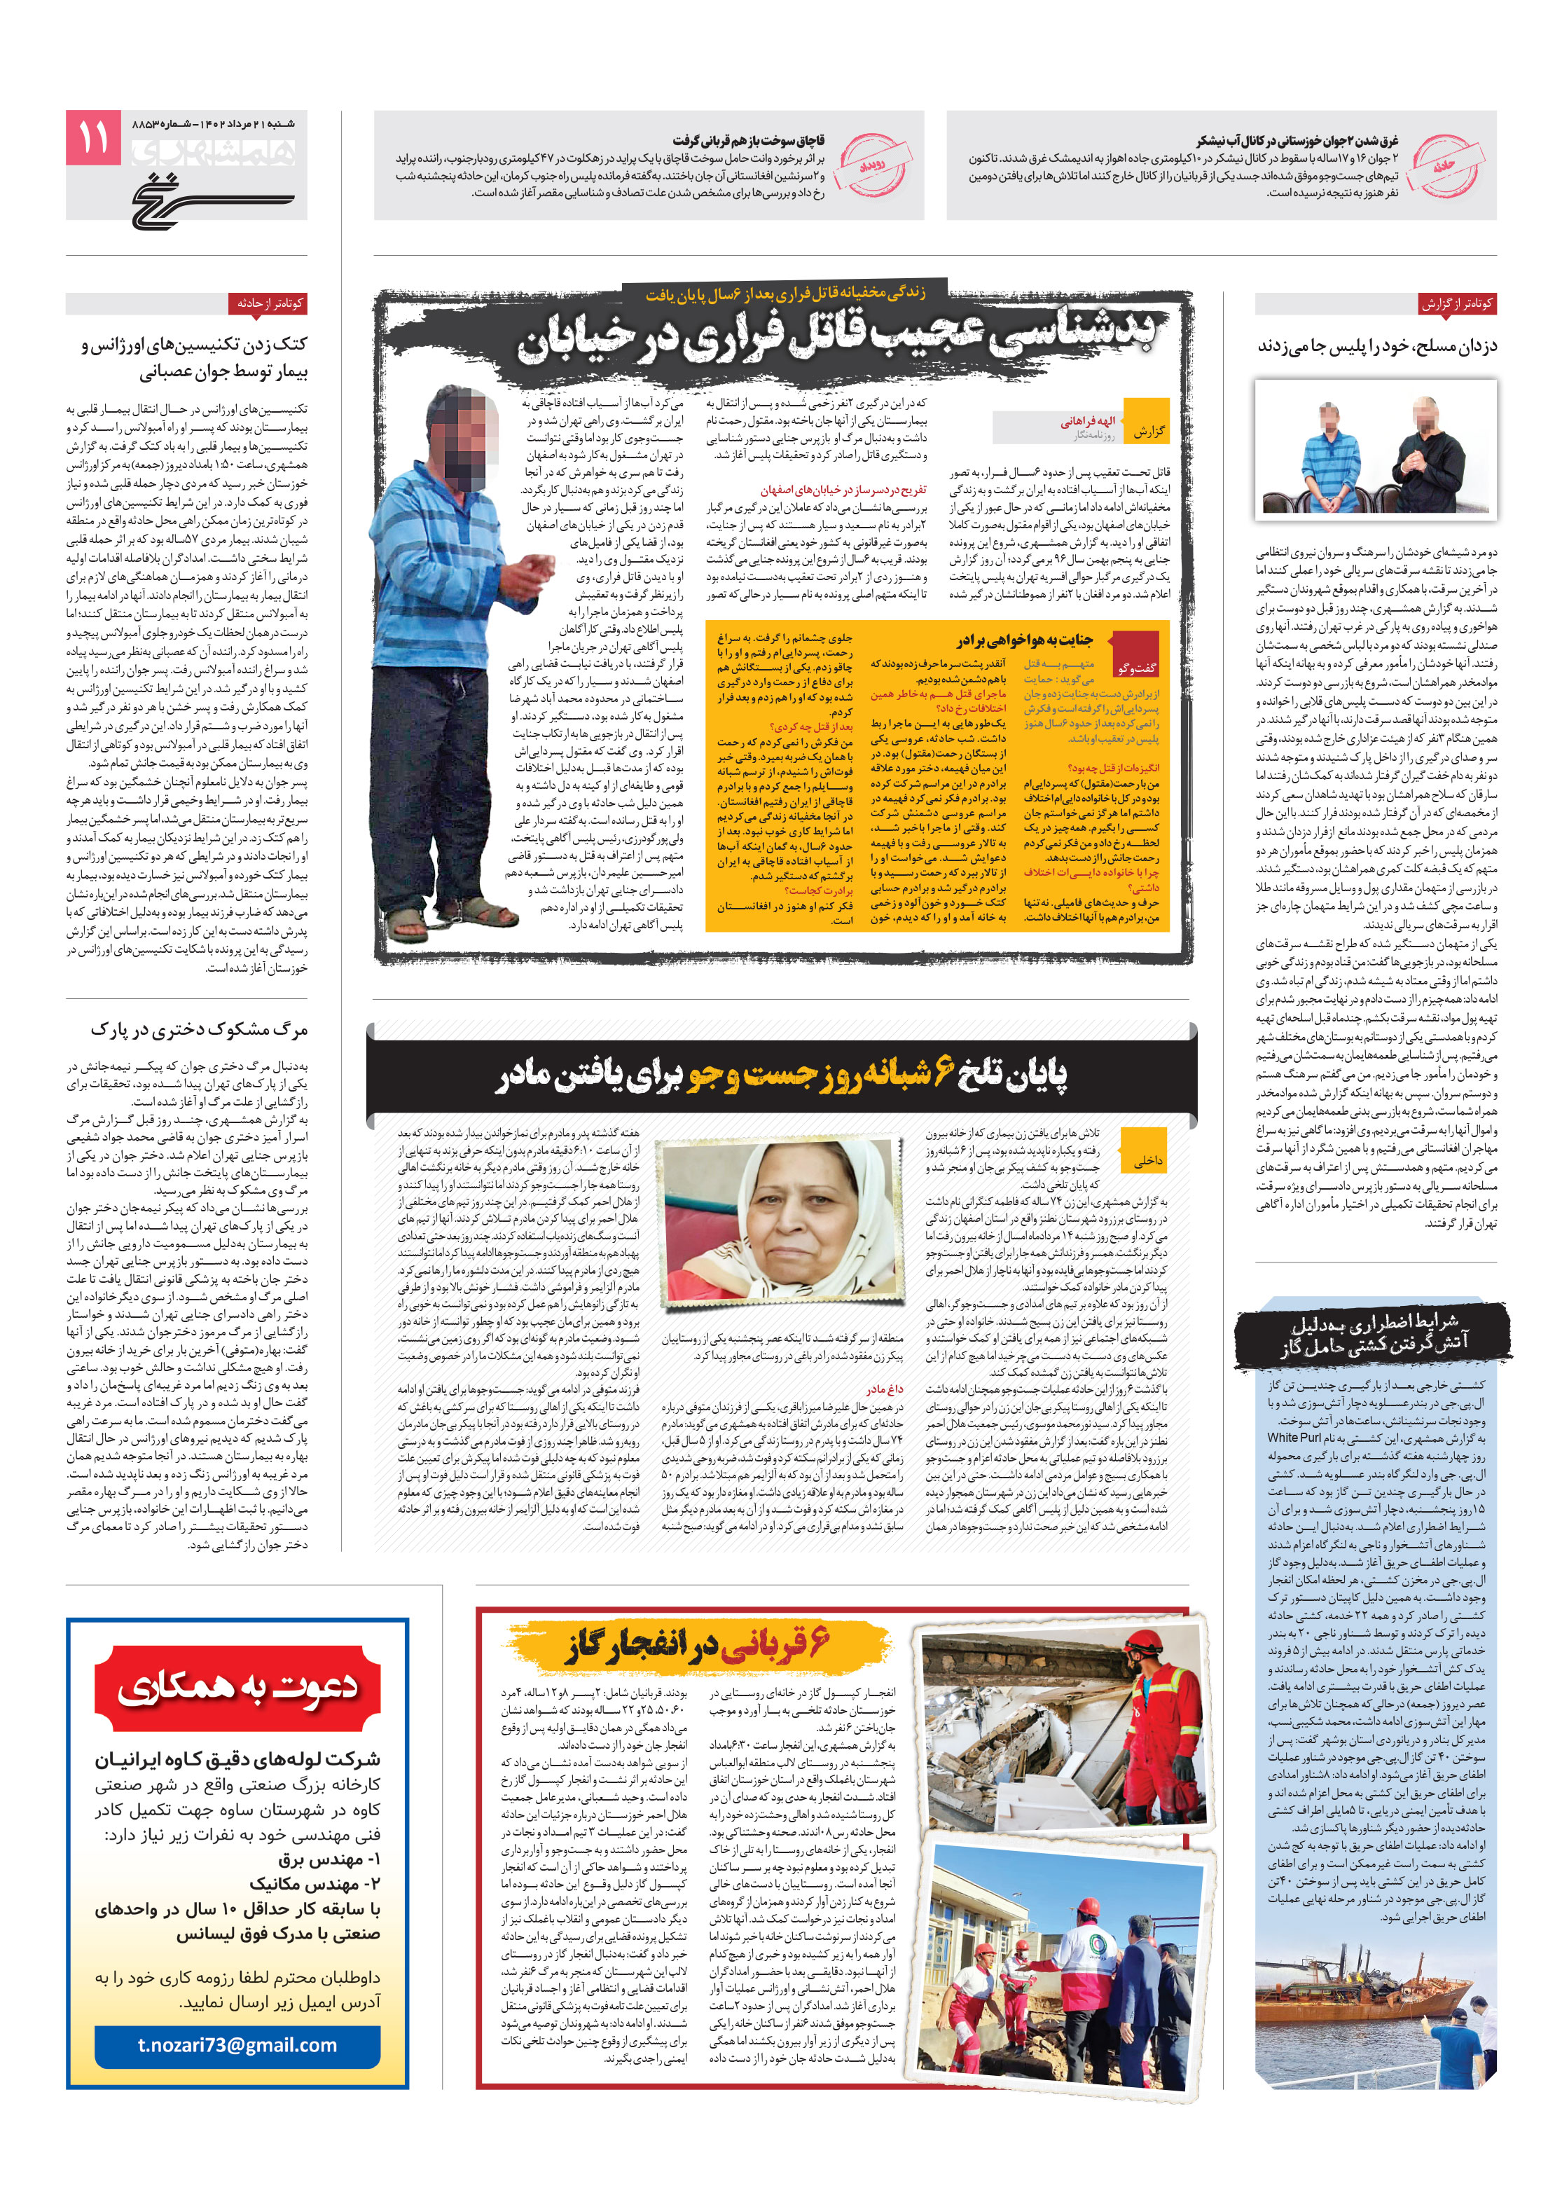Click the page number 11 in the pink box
93,137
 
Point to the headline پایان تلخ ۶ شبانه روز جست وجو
782,1074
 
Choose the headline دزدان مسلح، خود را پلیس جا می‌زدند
1376,346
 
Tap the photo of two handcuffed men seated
1375,449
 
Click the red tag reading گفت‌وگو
1136,666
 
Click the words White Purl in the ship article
1294,1437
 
